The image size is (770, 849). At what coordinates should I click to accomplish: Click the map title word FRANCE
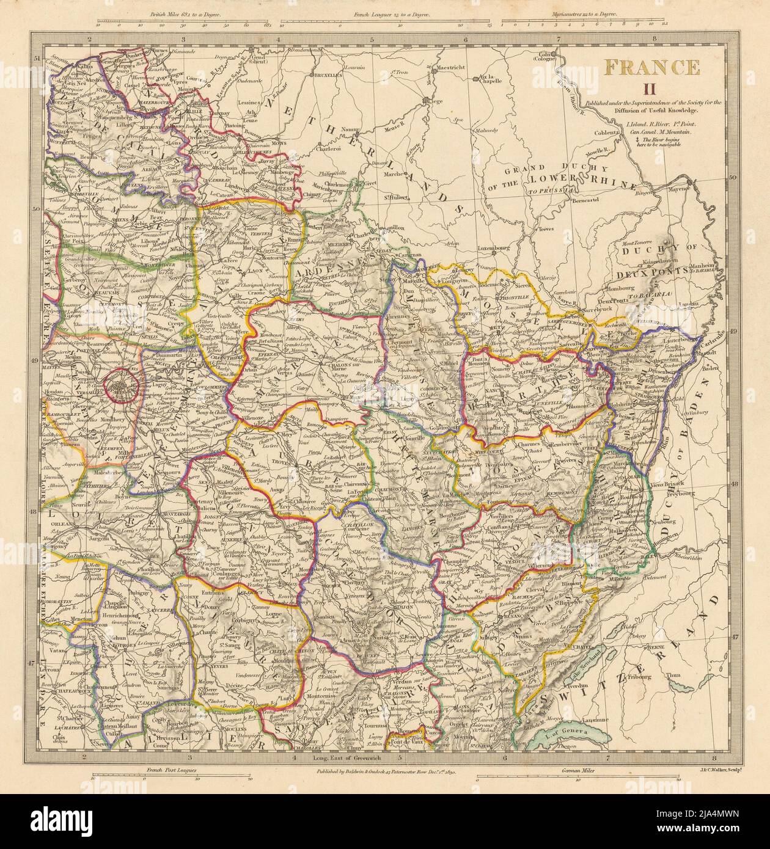click(652, 66)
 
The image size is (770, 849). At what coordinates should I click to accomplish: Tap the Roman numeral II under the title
click(652, 89)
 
